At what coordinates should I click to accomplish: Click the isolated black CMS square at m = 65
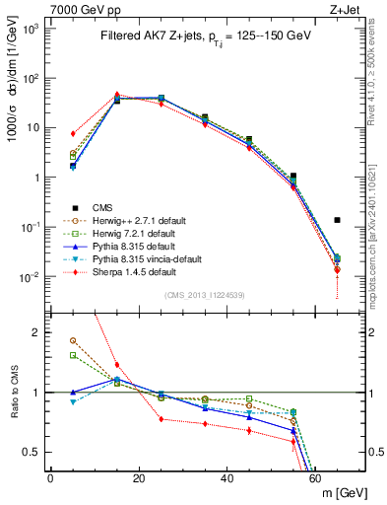pyautogui.click(x=337, y=220)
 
